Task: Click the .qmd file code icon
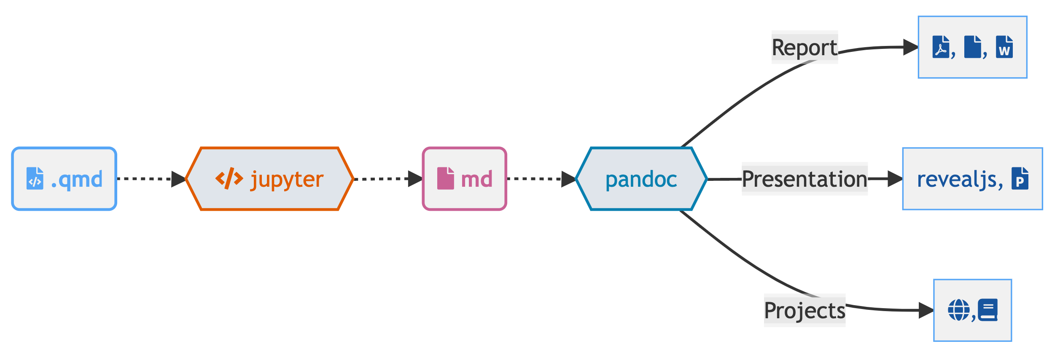[x=35, y=178]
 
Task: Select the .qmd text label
[x=77, y=180]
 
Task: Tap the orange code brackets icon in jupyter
[x=229, y=178]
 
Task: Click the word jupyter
[x=287, y=180]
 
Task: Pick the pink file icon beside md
[x=445, y=178]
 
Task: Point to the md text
[x=476, y=180]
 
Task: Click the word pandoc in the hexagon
[x=641, y=180]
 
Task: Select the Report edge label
[x=804, y=47]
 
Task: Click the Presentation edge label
[x=804, y=179]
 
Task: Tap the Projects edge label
[x=804, y=310]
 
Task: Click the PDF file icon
[x=941, y=47]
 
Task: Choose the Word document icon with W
[x=1004, y=47]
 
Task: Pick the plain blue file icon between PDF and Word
[x=972, y=47]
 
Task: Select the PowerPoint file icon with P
[x=1020, y=178]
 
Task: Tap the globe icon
[x=959, y=310]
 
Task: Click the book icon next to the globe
[x=987, y=310]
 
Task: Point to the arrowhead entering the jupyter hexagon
[x=178, y=179]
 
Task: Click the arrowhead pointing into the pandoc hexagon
[x=568, y=179]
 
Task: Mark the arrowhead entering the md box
[x=415, y=179]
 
